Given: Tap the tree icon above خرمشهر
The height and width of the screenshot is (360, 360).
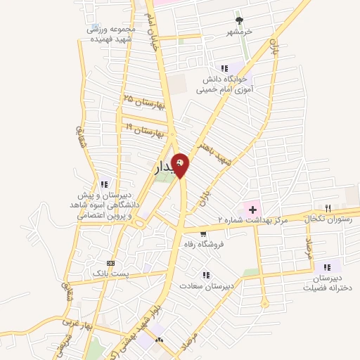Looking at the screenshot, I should (x=239, y=20).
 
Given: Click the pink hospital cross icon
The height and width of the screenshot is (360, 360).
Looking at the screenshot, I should (x=252, y=209).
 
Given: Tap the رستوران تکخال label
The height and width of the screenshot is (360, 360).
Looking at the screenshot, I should (x=330, y=219).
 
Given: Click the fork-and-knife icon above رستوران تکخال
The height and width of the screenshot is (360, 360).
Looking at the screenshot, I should (x=328, y=207).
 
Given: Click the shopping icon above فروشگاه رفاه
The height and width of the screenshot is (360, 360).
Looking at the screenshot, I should (x=203, y=234).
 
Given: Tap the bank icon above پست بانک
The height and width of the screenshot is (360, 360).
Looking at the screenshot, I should (x=108, y=261).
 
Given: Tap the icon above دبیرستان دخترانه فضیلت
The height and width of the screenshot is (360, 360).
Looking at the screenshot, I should (x=325, y=267).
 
